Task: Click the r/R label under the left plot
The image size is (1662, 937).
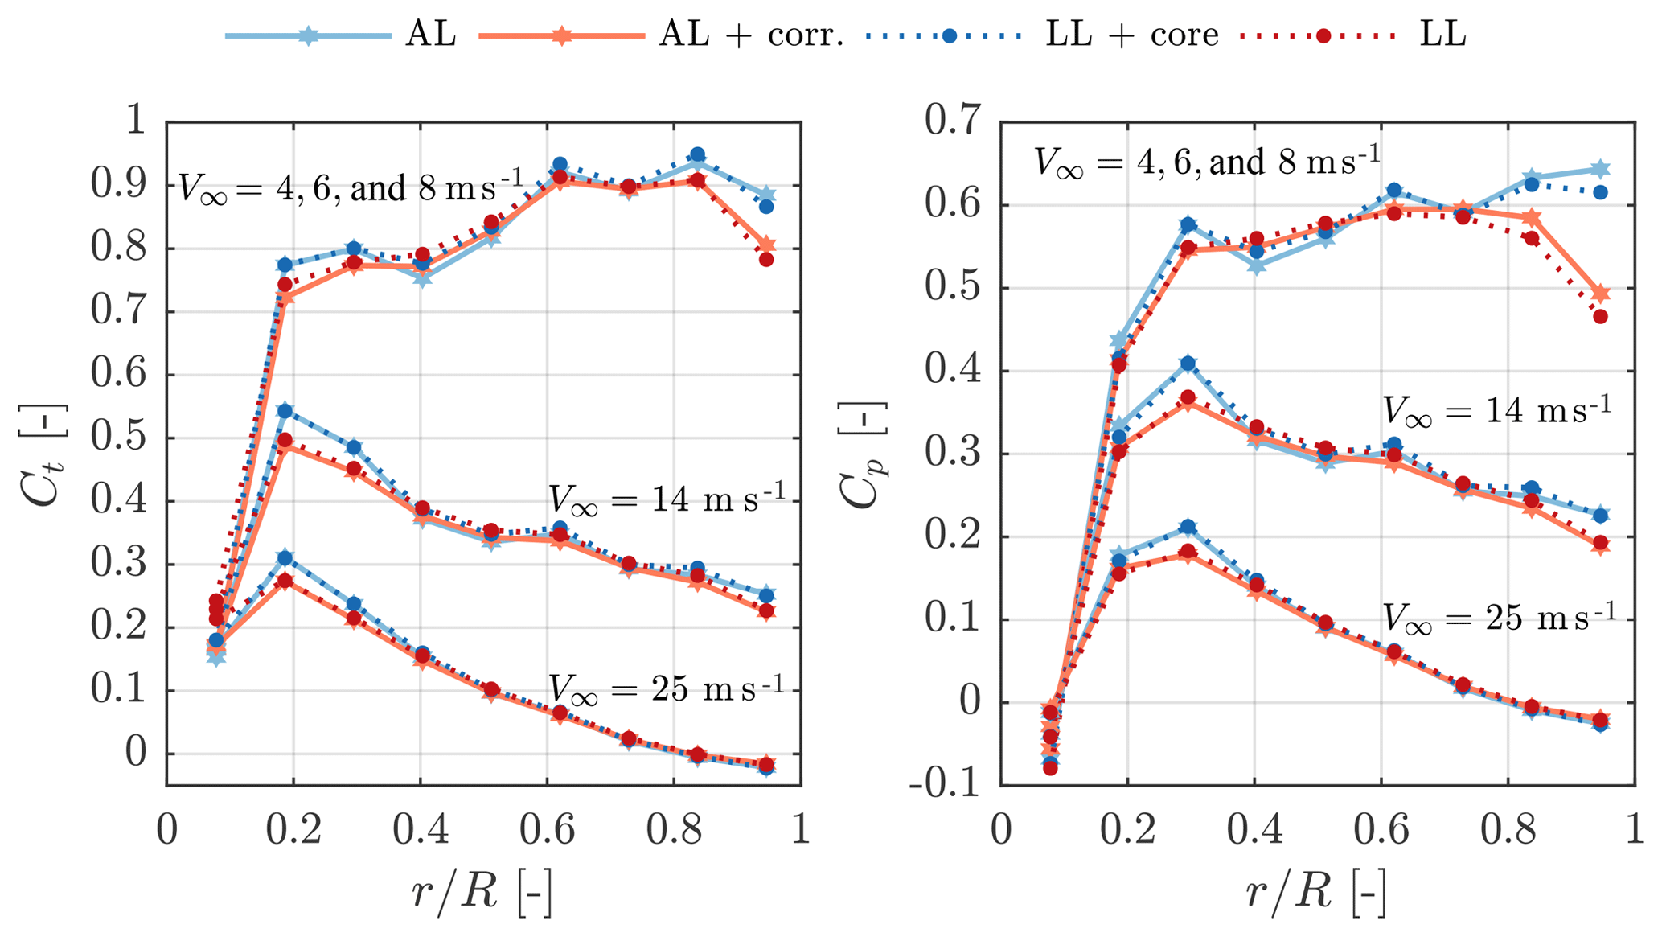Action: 482,892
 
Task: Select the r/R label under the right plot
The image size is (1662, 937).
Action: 1316,892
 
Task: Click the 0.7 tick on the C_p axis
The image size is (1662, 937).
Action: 953,121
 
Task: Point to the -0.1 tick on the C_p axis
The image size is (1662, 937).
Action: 945,784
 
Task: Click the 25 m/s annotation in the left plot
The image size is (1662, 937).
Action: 666,689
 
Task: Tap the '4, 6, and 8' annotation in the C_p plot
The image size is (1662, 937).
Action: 1206,162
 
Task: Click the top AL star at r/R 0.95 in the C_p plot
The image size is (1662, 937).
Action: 1600,169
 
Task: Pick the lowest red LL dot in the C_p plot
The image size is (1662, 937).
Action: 1050,768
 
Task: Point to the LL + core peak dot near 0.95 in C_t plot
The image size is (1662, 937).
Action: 697,155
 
